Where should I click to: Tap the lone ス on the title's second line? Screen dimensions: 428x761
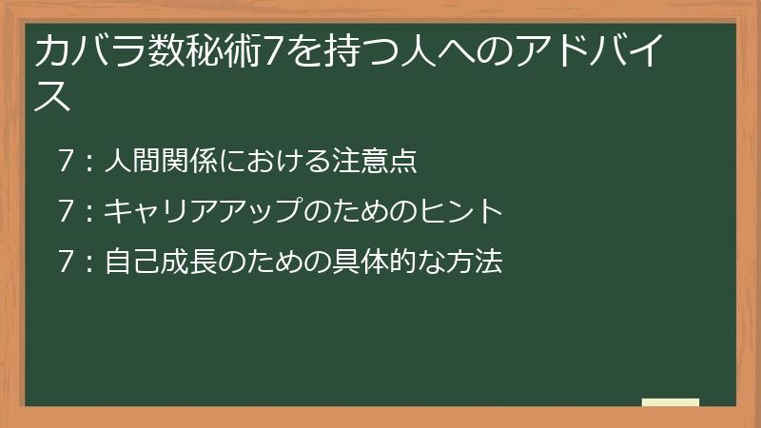52,95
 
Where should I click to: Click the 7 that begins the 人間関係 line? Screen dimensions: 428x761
65,162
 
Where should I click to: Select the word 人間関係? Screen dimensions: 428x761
160,162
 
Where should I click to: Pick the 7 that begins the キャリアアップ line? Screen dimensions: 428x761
65,211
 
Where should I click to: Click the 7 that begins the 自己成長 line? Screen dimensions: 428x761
65,261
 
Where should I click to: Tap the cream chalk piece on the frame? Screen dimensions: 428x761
671,403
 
